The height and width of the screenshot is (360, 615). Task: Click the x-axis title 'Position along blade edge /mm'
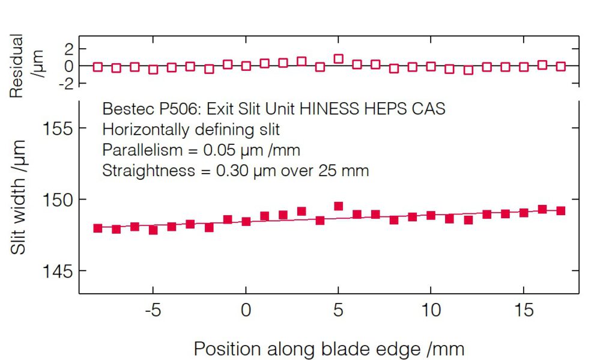click(329, 349)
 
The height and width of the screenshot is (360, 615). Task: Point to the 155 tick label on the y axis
click(59, 128)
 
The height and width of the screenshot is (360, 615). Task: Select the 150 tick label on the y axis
click(59, 200)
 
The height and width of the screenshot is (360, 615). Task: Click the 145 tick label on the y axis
click(59, 271)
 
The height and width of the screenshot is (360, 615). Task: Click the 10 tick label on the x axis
click(431, 312)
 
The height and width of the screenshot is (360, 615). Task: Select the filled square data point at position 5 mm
click(338, 206)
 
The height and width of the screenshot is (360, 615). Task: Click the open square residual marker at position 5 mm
click(338, 59)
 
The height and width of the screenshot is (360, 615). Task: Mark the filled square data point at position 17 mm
click(561, 211)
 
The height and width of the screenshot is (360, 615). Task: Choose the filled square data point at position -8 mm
click(98, 228)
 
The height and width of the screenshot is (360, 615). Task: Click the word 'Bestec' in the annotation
click(123, 109)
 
